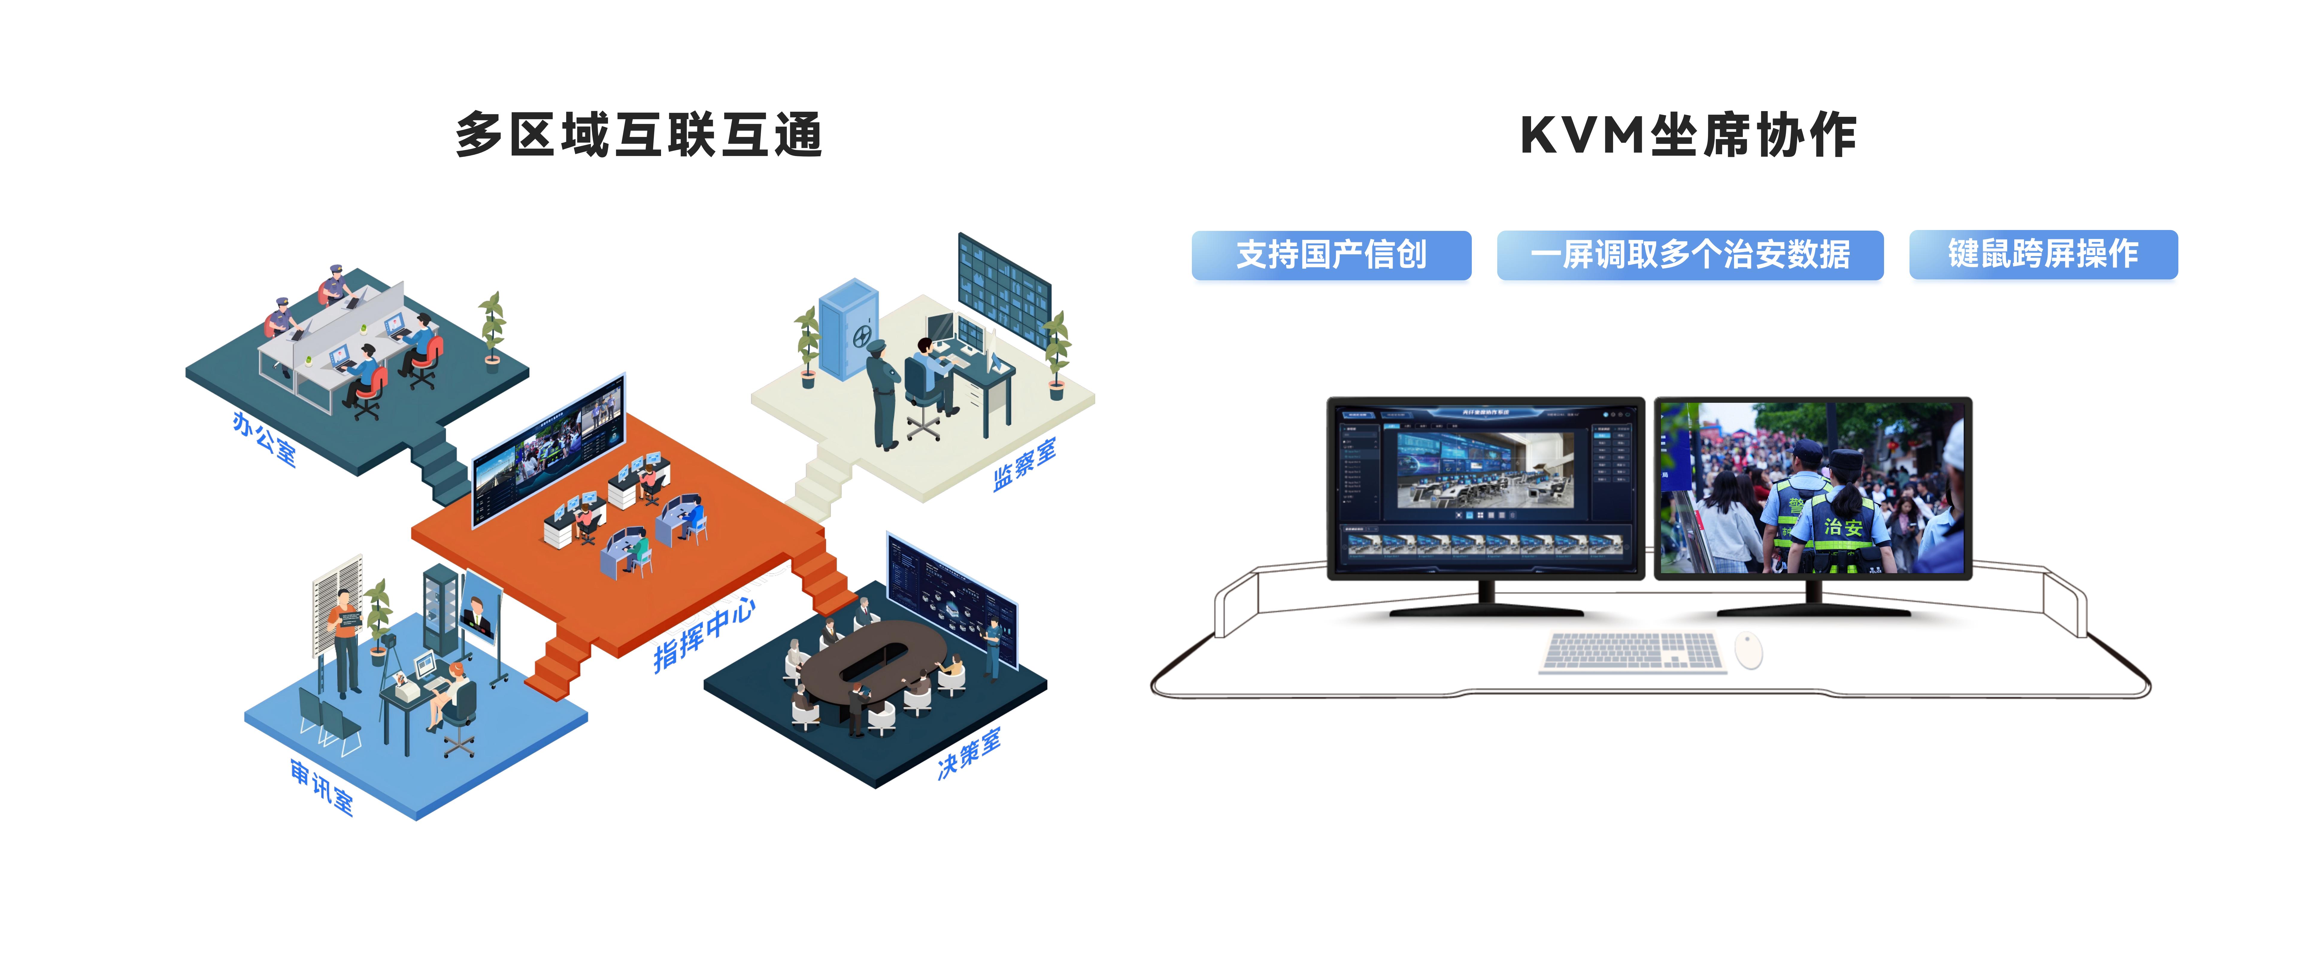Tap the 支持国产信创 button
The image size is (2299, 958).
click(1331, 255)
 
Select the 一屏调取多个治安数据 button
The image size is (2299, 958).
click(1689, 255)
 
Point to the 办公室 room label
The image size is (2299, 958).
click(263, 438)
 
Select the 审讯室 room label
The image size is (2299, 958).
click(321, 786)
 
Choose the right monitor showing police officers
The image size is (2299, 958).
click(1812, 487)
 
